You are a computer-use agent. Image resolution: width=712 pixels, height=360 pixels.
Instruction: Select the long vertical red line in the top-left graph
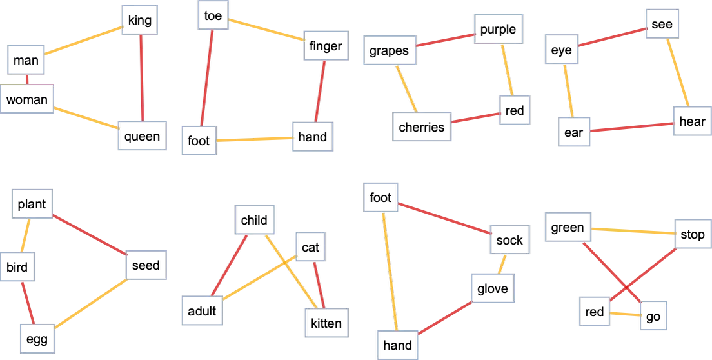(x=141, y=77)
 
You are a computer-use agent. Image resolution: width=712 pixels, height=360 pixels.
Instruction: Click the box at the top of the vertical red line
(x=140, y=19)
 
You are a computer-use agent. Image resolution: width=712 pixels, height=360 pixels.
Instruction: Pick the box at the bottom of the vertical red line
(x=143, y=135)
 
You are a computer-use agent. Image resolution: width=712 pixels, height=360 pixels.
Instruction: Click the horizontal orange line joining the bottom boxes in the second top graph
(x=253, y=139)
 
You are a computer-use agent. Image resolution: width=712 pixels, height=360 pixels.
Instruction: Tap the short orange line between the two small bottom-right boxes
(x=625, y=314)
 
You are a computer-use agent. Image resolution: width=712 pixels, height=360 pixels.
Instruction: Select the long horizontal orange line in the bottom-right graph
(x=632, y=230)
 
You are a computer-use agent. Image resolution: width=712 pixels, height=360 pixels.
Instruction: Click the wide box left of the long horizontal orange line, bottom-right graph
(x=568, y=227)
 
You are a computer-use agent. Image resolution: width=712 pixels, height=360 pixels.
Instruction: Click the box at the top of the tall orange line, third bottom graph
(x=381, y=197)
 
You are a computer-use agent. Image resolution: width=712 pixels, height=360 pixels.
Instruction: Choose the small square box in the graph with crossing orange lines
(x=310, y=245)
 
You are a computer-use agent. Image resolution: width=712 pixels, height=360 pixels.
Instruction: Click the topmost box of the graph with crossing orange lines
(x=255, y=219)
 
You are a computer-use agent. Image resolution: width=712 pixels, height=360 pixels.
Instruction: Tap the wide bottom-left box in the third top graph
(x=422, y=126)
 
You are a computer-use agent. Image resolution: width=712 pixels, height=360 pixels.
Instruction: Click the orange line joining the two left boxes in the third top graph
(x=406, y=88)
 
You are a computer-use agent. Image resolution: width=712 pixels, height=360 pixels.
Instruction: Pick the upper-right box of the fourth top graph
(x=662, y=23)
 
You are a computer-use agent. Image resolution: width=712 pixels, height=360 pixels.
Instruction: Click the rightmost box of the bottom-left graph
(x=148, y=265)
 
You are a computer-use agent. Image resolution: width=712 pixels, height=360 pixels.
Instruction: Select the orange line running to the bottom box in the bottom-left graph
(x=91, y=305)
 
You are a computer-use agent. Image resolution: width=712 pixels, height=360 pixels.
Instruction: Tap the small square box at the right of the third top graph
(x=514, y=110)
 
